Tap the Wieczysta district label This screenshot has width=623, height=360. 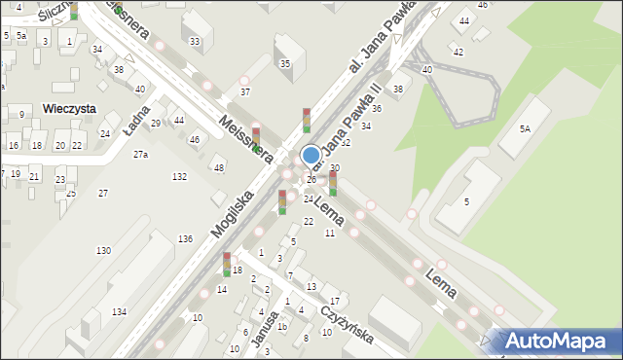[x=68, y=109]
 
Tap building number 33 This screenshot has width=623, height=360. [x=196, y=41]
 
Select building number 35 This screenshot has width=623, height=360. [x=284, y=64]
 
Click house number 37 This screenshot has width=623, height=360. [x=245, y=92]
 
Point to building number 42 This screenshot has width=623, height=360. [x=458, y=52]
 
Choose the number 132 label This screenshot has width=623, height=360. [x=179, y=176]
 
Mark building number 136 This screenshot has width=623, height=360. [x=185, y=238]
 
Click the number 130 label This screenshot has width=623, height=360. [x=103, y=251]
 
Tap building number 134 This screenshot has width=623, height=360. [x=119, y=311]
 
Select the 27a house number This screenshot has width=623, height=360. [x=141, y=155]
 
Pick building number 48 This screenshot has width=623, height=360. [x=219, y=168]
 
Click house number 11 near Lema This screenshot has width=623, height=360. [x=330, y=234]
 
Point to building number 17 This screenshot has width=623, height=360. [x=334, y=301]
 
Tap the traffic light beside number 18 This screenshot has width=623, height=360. [x=226, y=265]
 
